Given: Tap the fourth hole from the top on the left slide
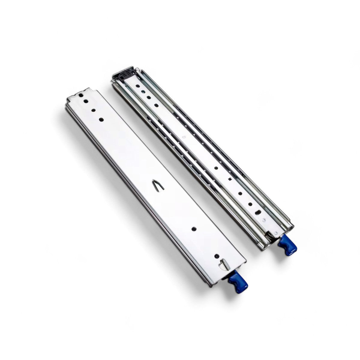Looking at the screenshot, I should [x=101, y=119].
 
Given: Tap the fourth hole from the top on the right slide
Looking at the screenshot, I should [x=157, y=105].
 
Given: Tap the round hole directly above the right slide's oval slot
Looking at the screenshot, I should [x=250, y=204].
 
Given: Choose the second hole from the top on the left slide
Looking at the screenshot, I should [x=86, y=101].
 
